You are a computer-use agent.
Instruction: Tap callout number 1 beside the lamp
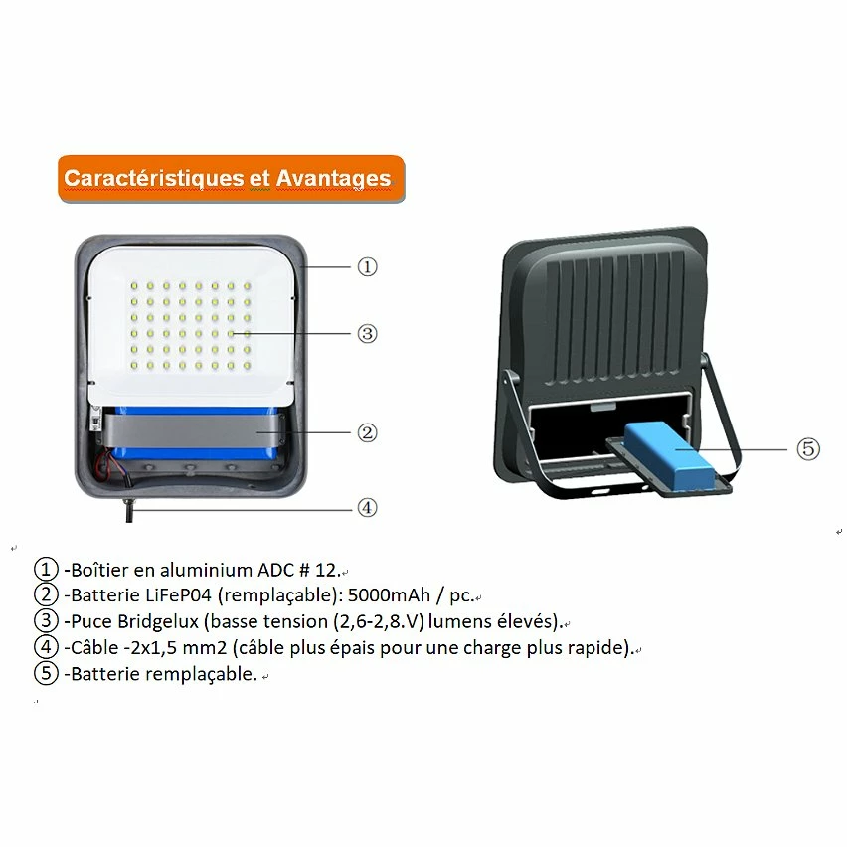click(x=367, y=266)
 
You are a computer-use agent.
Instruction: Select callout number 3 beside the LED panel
click(x=367, y=333)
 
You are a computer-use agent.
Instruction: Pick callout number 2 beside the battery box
click(x=367, y=432)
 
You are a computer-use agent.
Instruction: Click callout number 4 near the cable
click(x=367, y=507)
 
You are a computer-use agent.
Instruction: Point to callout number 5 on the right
click(x=808, y=448)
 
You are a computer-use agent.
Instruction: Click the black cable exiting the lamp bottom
click(x=129, y=509)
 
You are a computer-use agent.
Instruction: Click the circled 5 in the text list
click(x=46, y=674)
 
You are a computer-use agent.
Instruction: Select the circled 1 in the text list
click(x=46, y=570)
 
